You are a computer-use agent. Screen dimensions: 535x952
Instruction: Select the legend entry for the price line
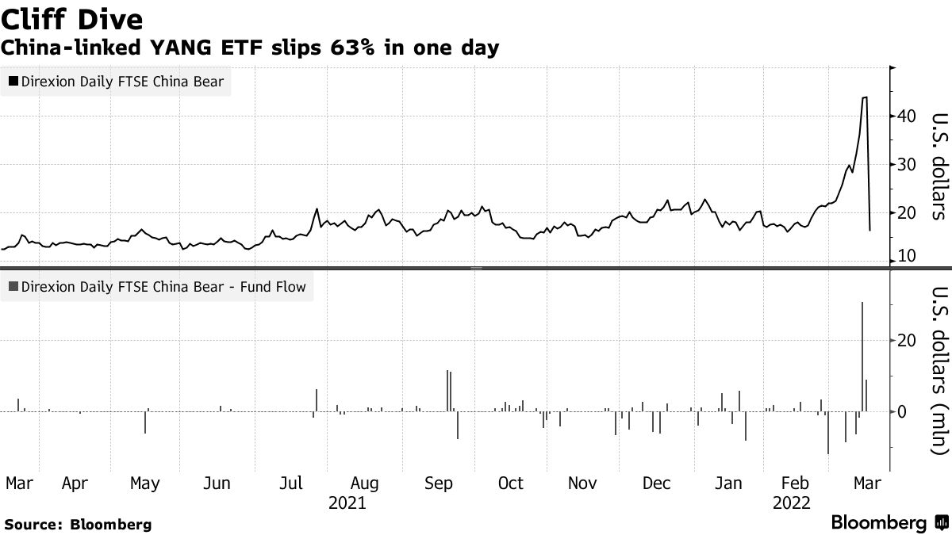pyautogui.click(x=117, y=81)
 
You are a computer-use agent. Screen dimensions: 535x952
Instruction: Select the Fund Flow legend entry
pyautogui.click(x=157, y=287)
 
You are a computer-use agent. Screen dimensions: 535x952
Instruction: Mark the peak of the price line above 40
pyautogui.click(x=864, y=97)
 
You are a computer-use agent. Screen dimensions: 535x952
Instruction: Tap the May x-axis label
pyautogui.click(x=144, y=483)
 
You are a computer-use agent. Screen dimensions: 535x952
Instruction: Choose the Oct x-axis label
pyautogui.click(x=510, y=483)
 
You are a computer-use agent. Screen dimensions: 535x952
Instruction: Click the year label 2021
pyautogui.click(x=347, y=503)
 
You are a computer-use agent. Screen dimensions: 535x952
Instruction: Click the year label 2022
pyautogui.click(x=791, y=503)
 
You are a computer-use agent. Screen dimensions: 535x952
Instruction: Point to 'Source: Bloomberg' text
pyautogui.click(x=78, y=524)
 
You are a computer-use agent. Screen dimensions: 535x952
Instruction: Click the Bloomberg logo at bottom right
pyautogui.click(x=889, y=522)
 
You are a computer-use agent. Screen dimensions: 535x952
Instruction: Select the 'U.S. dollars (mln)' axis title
pyautogui.click(x=937, y=371)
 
